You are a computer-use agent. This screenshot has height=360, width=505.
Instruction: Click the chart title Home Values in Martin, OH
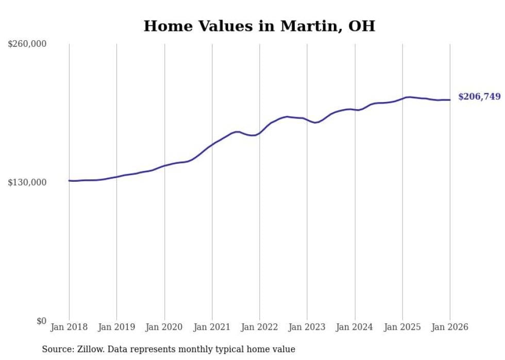pos(259,26)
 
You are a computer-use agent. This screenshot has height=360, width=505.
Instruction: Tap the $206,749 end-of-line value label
pos(479,96)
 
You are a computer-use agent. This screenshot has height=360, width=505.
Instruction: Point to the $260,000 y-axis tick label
pos(27,44)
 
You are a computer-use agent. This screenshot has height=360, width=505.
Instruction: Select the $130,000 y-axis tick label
pos(27,182)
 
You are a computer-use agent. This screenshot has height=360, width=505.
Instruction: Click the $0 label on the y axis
pos(41,321)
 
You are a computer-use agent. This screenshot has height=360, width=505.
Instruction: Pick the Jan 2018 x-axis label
pos(69,327)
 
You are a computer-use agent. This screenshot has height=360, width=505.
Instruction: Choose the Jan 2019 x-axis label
pos(116,327)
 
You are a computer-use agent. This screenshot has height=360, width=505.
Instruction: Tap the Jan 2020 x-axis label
pos(164,327)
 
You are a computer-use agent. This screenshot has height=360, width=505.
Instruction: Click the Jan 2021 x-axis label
pos(212,327)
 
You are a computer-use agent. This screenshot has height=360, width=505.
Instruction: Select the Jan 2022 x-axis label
pos(260,327)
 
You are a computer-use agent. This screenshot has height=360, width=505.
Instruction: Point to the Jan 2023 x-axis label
pos(307,327)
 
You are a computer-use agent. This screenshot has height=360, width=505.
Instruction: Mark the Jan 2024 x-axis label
pos(355,327)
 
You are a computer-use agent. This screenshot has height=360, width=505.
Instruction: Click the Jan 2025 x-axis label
pos(402,327)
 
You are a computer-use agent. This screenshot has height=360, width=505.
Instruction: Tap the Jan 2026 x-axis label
pos(450,327)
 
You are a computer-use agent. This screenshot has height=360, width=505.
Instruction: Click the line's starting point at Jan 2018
pos(69,181)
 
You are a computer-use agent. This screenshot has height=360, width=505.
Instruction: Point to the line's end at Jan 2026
pos(450,100)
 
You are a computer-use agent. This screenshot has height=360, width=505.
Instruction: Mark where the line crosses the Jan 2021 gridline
pos(212,144)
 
